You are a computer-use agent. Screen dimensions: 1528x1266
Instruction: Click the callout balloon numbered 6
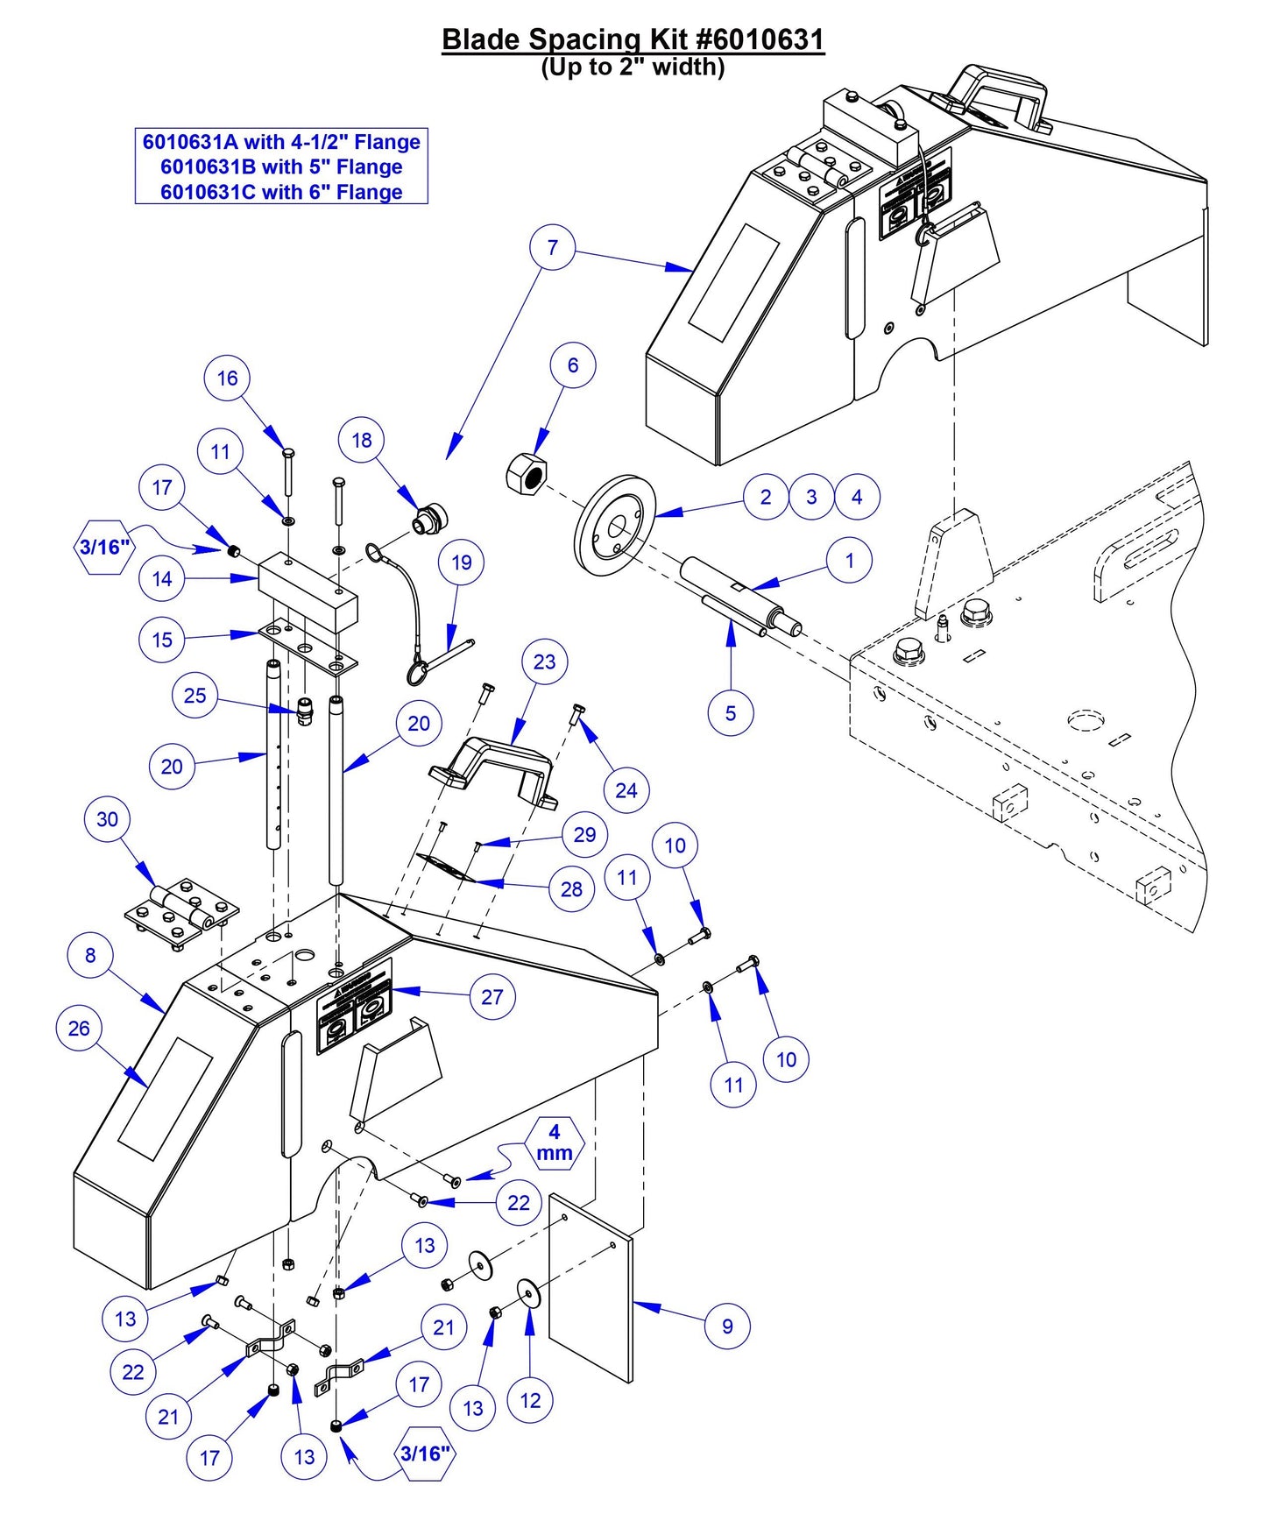pos(573,365)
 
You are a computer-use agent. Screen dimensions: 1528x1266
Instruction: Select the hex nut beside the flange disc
pos(526,474)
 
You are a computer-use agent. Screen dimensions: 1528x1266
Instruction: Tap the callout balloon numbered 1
pos(849,560)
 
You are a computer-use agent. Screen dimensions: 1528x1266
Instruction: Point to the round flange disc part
pos(615,525)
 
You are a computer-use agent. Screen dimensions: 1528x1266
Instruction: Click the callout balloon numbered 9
pos(727,1326)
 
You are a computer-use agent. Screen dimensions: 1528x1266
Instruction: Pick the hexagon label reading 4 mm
pos(555,1142)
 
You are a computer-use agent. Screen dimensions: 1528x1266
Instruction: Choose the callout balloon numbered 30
pos(107,819)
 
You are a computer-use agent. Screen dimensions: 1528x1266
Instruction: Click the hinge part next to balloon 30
pos(182,914)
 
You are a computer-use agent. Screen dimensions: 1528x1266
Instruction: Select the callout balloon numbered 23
pos(544,661)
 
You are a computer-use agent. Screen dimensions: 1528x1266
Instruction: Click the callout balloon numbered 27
pos(492,996)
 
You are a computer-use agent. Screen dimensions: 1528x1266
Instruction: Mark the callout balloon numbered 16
pos(227,378)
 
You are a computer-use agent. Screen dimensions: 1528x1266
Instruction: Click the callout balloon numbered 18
pos(362,440)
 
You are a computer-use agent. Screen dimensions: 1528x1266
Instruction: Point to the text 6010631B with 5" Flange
pos(281,166)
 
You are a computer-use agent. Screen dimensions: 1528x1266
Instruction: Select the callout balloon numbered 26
pos(79,1028)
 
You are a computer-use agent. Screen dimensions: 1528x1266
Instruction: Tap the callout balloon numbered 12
pos(530,1400)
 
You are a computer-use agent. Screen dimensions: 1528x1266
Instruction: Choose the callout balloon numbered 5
pos(730,713)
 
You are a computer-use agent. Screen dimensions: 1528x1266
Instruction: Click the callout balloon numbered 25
pos(194,696)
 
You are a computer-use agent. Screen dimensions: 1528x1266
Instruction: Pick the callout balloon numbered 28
pos(571,889)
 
